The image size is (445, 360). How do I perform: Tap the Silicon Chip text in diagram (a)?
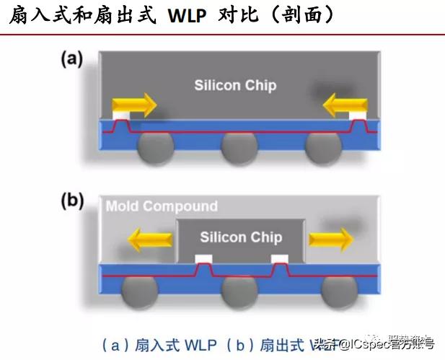pos(235,85)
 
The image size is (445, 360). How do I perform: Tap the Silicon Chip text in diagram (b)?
pos(241,237)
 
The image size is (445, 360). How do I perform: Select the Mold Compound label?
pos(162,206)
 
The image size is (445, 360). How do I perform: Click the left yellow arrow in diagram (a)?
pos(134,105)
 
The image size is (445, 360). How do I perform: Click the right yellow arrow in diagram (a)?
pos(344,106)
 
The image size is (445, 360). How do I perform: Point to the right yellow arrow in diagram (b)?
pos(331,237)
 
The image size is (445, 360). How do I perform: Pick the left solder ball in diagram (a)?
pos(155,147)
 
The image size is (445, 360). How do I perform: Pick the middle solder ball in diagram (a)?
pos(239,148)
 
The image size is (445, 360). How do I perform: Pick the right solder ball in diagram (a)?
pos(324,147)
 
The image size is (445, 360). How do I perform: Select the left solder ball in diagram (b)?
pos(140,291)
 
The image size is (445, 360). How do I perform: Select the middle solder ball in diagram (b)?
pos(239,291)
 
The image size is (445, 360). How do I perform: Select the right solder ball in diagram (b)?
pos(339,291)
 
